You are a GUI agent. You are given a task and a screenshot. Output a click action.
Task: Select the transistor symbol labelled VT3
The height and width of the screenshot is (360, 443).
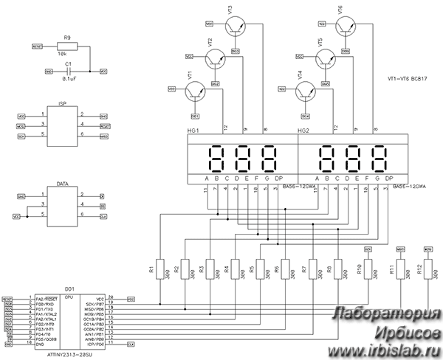point(236,27)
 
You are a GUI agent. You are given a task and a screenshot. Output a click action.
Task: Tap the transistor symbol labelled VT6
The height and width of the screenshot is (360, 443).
point(346,27)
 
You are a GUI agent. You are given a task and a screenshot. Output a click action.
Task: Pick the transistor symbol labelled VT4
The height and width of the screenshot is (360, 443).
point(307,90)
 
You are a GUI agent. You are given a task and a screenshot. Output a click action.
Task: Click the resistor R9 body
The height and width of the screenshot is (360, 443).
point(67,46)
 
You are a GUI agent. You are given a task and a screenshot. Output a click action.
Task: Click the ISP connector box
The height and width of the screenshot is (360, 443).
point(61,126)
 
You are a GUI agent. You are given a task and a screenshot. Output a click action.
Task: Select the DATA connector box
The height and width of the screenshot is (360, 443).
point(61,206)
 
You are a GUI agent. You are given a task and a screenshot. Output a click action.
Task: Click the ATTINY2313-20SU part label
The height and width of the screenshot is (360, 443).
point(71,354)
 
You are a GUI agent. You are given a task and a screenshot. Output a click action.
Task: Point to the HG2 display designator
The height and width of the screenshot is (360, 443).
point(303,130)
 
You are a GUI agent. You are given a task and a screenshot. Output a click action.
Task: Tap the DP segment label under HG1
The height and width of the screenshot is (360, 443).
point(278,179)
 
